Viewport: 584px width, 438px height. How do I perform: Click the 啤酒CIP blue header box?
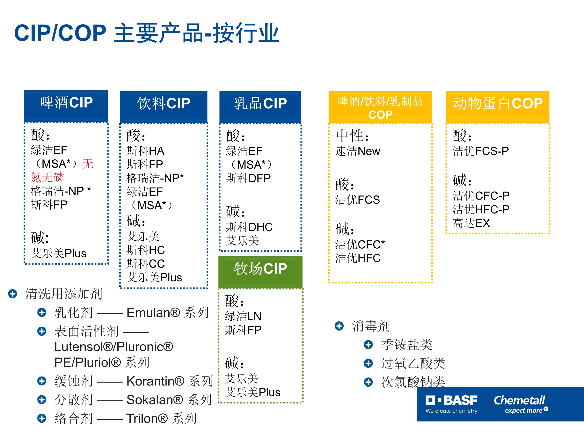(x=66, y=106)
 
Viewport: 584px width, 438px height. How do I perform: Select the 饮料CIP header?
(x=164, y=107)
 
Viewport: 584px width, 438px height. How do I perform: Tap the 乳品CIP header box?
(x=260, y=107)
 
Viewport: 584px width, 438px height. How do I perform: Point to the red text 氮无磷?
(x=47, y=177)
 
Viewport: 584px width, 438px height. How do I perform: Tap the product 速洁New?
(x=358, y=151)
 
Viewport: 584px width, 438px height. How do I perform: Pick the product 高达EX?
(x=471, y=223)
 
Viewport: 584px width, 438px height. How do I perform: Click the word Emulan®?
(x=153, y=313)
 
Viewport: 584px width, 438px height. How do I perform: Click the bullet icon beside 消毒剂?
(x=339, y=326)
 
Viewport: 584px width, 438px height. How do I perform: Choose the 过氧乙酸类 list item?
(x=413, y=363)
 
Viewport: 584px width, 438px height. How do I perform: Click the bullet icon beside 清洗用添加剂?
(x=13, y=294)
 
